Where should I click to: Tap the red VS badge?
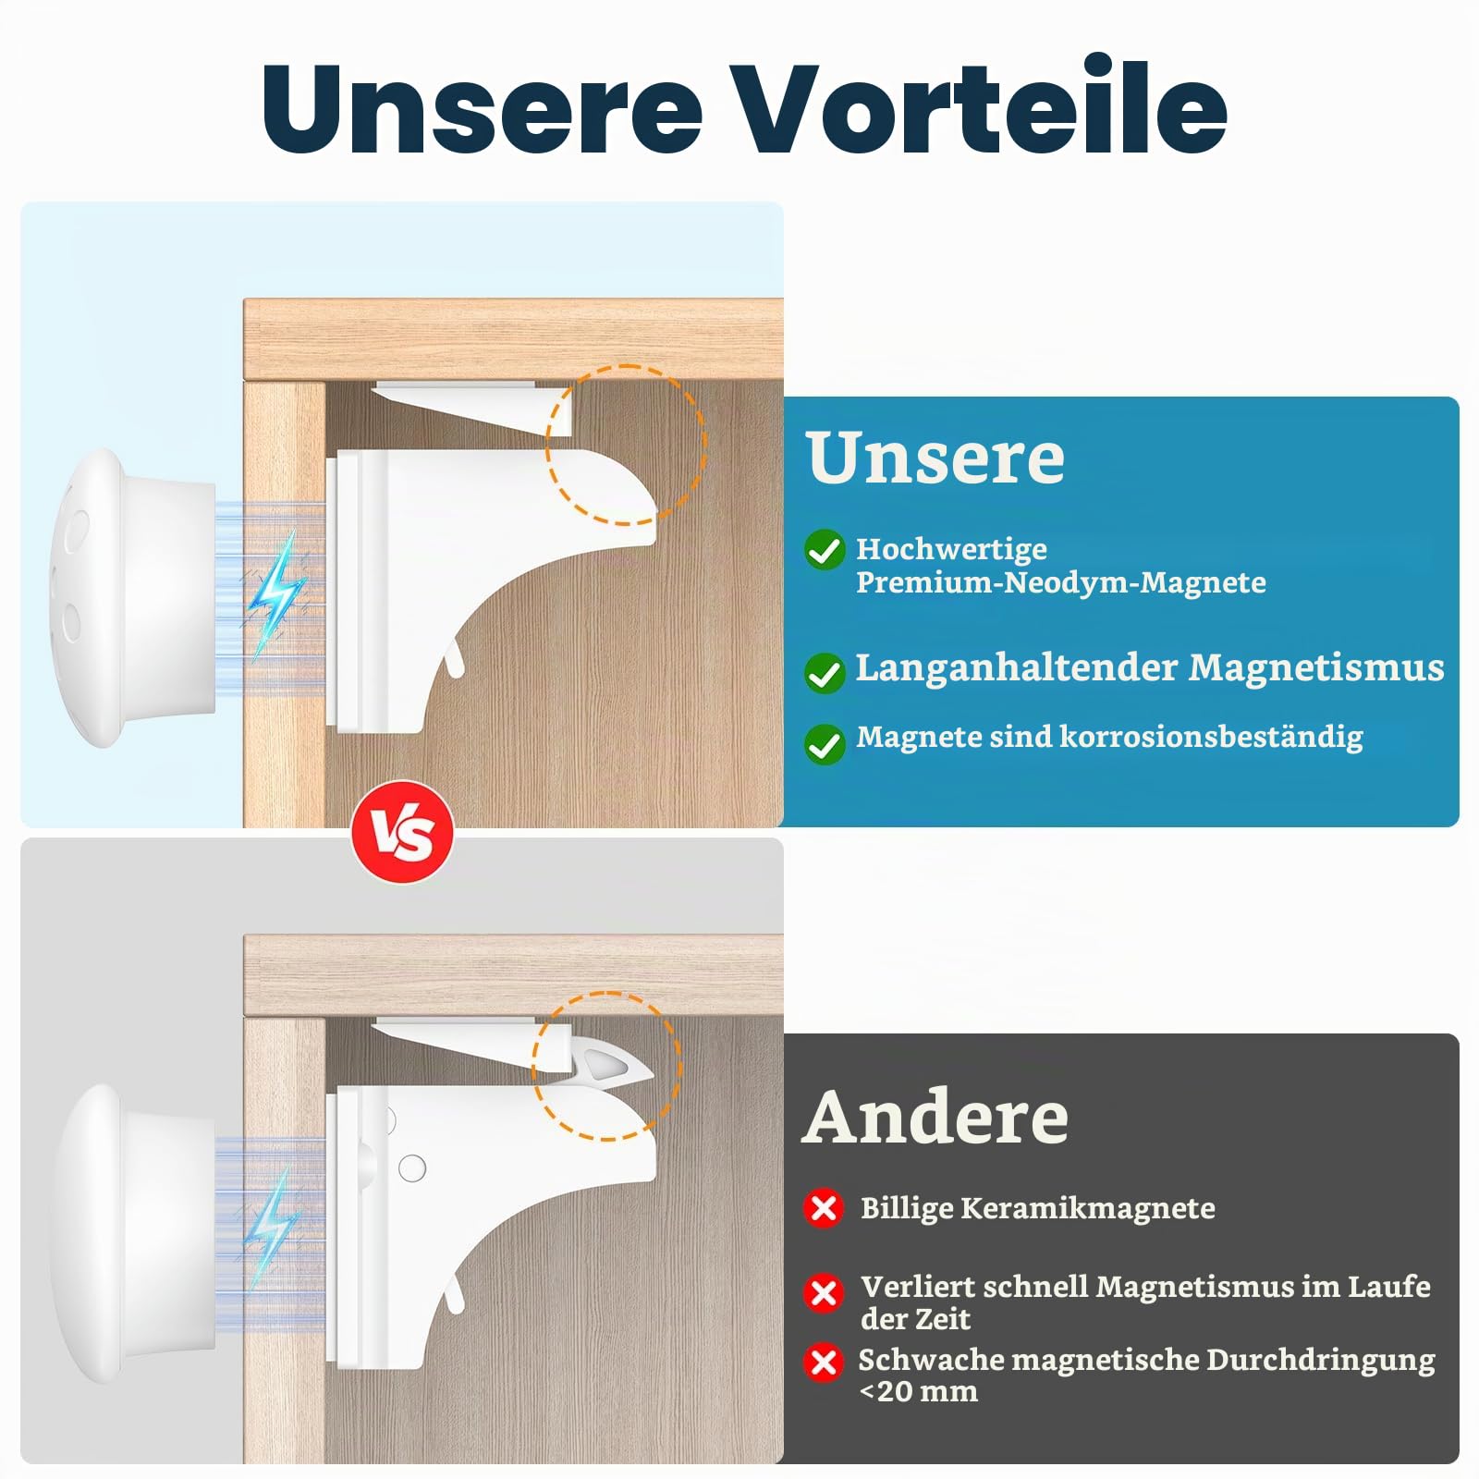pos(402,832)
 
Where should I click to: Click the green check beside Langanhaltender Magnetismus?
pos(825,672)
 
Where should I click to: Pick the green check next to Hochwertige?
pos(825,550)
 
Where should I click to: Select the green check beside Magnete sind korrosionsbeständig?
pos(825,743)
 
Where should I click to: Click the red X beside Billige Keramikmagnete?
pos(824,1208)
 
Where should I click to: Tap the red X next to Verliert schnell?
pos(824,1292)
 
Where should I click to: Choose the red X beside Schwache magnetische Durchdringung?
pos(824,1363)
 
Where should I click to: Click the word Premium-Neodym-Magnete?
pos(1061,583)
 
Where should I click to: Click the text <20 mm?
pos(918,1391)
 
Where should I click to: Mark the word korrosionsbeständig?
pos(1211,737)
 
